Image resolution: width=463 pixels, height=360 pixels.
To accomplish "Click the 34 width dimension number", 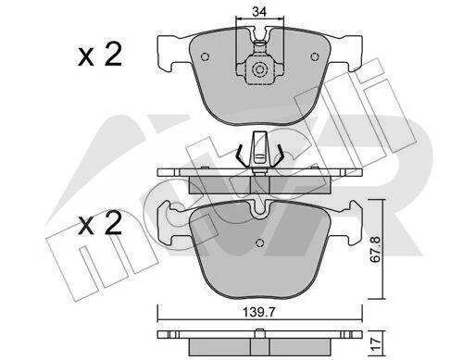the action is coord(259,12).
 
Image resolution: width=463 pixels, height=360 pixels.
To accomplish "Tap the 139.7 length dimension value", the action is coord(258,313).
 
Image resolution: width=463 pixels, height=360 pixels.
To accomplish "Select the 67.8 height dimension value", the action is coord(376,249).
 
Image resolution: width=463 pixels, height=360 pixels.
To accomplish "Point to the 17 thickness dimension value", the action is coord(376,342).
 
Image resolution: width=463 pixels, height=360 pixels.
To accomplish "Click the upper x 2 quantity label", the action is coord(100,55).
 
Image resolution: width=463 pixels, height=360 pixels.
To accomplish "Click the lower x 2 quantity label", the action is coord(100,223).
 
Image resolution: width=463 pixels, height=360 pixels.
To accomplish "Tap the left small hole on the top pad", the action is coord(205,56).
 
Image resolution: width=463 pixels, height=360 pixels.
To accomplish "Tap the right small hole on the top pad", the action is coord(314,56).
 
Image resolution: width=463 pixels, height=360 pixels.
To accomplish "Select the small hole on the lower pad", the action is coord(260,243).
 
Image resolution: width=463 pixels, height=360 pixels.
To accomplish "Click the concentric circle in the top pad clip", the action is coord(258,69).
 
